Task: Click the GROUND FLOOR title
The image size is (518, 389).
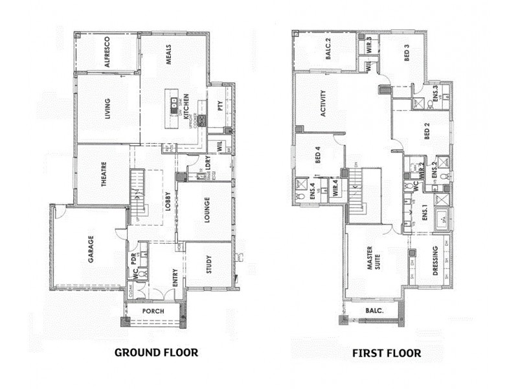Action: click(x=155, y=353)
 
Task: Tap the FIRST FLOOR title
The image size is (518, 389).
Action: click(x=387, y=353)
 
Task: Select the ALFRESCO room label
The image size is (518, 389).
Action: click(x=107, y=52)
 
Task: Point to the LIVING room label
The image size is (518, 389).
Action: click(x=107, y=109)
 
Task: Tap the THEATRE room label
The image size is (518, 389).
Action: click(x=103, y=175)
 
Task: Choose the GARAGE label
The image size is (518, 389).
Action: click(x=91, y=248)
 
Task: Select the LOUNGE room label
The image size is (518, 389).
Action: click(x=207, y=211)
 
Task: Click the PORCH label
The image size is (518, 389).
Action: click(x=153, y=311)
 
